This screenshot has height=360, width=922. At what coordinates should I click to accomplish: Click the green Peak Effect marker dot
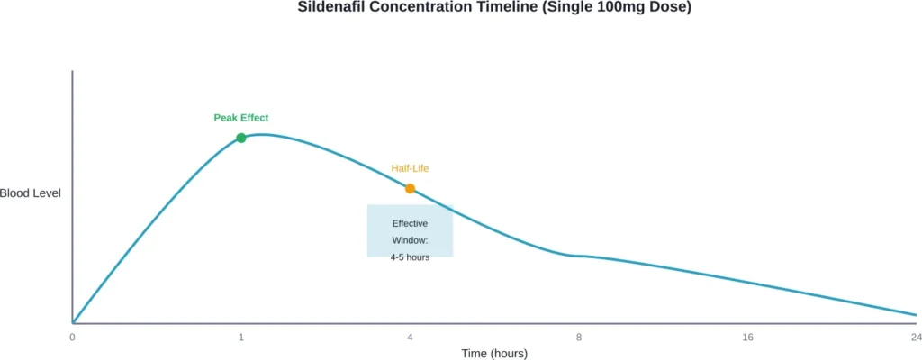241,138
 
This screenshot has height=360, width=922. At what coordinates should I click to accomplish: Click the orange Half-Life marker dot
410,188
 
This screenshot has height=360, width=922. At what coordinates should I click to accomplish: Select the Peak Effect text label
240,118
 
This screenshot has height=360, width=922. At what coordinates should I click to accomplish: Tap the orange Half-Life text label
410,168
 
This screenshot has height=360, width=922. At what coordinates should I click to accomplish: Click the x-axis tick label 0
72,337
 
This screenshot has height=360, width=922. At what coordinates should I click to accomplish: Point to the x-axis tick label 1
241,337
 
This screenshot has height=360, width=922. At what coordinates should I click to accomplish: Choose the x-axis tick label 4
410,337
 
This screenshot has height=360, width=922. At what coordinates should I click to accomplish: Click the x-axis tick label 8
579,337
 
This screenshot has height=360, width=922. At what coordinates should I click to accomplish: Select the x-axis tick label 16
747,337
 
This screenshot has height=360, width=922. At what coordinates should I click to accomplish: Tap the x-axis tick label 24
915,337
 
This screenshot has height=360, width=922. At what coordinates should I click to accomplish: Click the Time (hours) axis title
494,353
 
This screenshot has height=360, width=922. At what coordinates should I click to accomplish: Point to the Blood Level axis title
31,193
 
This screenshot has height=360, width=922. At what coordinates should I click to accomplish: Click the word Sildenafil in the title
330,7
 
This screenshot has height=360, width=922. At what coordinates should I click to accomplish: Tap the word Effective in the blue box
410,223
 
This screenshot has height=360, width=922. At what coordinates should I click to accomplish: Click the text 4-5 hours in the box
410,256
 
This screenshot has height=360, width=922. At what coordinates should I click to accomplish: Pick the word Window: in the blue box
410,240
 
